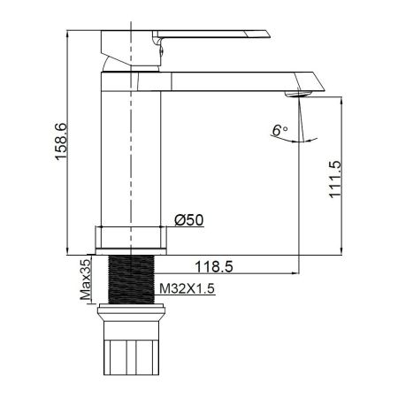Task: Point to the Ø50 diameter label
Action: click(189, 220)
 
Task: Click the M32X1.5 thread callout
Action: click(187, 288)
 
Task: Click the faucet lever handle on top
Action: click(221, 36)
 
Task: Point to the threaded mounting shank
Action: click(132, 279)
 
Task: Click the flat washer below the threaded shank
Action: click(132, 312)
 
